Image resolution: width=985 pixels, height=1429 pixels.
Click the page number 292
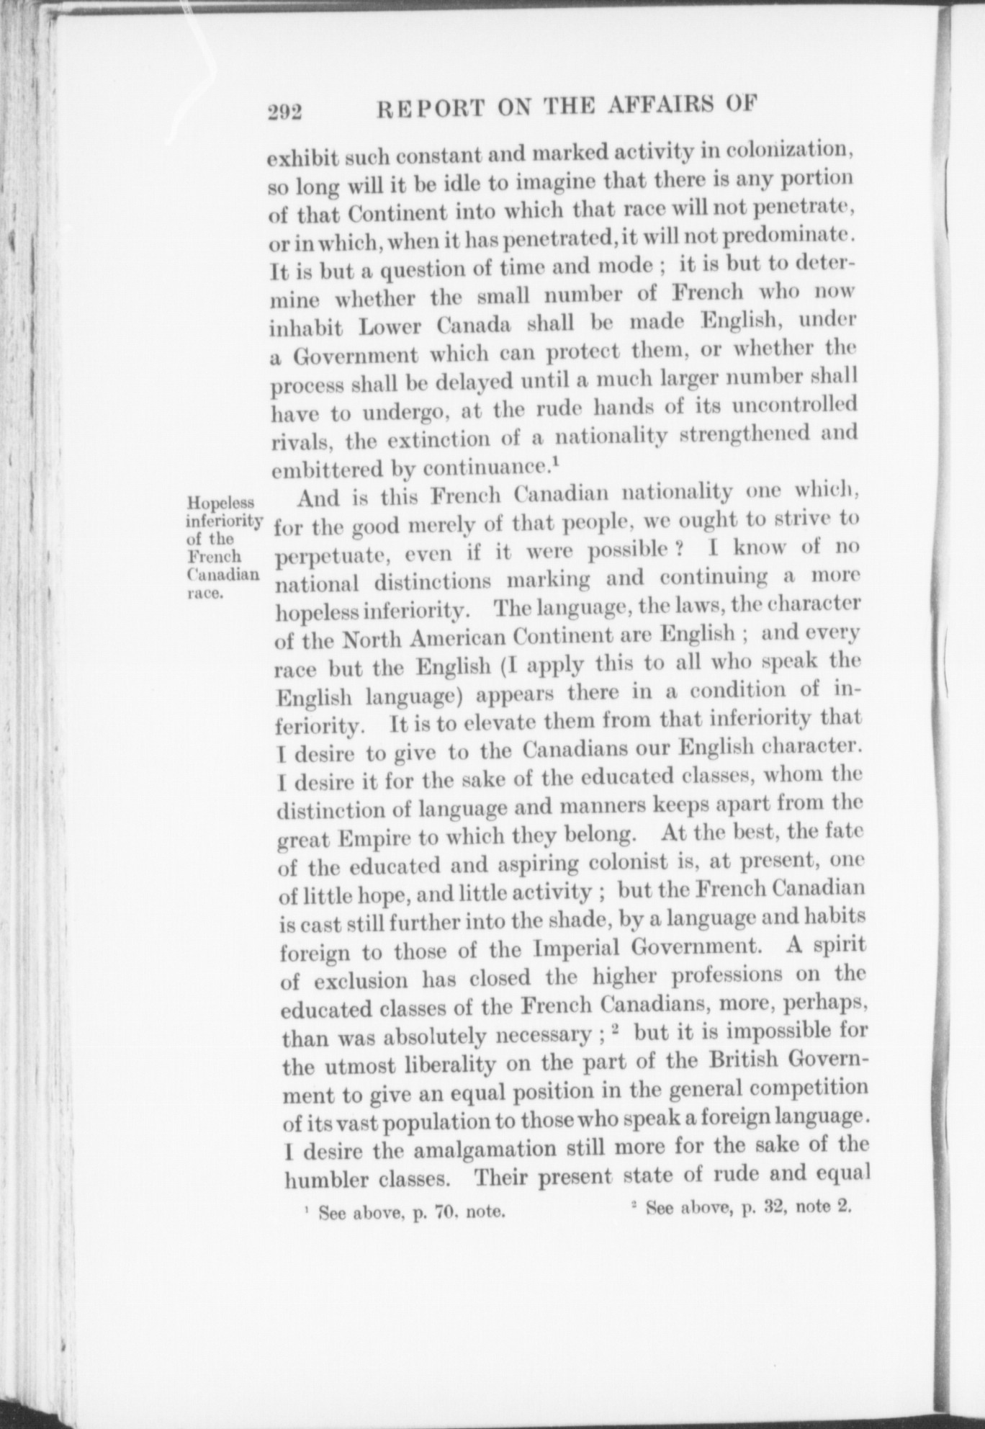click(284, 112)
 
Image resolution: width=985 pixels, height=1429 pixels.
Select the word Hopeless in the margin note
click(207, 502)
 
